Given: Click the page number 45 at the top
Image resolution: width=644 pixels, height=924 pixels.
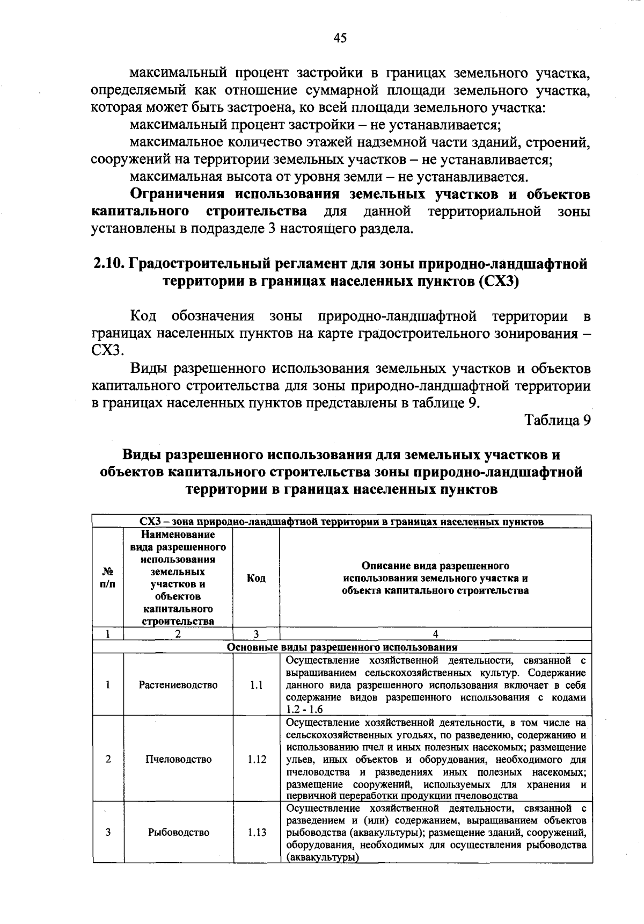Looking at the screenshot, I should pyautogui.click(x=340, y=38).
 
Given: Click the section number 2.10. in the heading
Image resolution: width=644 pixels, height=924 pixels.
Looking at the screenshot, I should pyautogui.click(x=109, y=264).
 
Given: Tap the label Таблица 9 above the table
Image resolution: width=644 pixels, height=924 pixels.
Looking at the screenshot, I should pyautogui.click(x=558, y=420).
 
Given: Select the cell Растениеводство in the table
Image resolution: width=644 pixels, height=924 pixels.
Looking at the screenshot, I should pyautogui.click(x=178, y=685).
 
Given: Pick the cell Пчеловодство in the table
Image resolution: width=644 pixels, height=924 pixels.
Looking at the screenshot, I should pyautogui.click(x=178, y=759).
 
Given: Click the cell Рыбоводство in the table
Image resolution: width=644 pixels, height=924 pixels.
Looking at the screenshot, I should pyautogui.click(x=178, y=832).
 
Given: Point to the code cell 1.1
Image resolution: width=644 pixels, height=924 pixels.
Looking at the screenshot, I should pyautogui.click(x=256, y=685).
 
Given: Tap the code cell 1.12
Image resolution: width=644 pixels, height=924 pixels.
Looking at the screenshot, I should pyautogui.click(x=257, y=759).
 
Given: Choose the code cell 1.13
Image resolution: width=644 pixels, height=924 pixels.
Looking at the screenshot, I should pyautogui.click(x=257, y=832).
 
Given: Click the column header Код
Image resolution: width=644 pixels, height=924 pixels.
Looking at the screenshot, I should pyautogui.click(x=256, y=578).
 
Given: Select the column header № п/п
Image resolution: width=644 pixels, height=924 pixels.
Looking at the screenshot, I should pyautogui.click(x=108, y=578).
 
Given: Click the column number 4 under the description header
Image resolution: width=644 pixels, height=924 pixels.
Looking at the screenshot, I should pyautogui.click(x=435, y=634).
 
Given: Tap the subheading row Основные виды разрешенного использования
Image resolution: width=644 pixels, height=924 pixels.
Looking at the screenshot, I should pyautogui.click(x=342, y=647).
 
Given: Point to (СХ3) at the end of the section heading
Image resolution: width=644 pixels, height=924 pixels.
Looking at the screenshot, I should pyautogui.click(x=498, y=282).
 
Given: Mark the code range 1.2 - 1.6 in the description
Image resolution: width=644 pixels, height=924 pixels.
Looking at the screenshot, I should pyautogui.click(x=304, y=710).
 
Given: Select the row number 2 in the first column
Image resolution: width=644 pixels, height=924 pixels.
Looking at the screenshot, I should pyautogui.click(x=108, y=759).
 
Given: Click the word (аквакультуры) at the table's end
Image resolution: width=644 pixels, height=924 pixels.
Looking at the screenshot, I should pyautogui.click(x=322, y=858).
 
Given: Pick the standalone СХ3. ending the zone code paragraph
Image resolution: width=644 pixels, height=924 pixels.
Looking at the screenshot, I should pyautogui.click(x=107, y=351).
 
